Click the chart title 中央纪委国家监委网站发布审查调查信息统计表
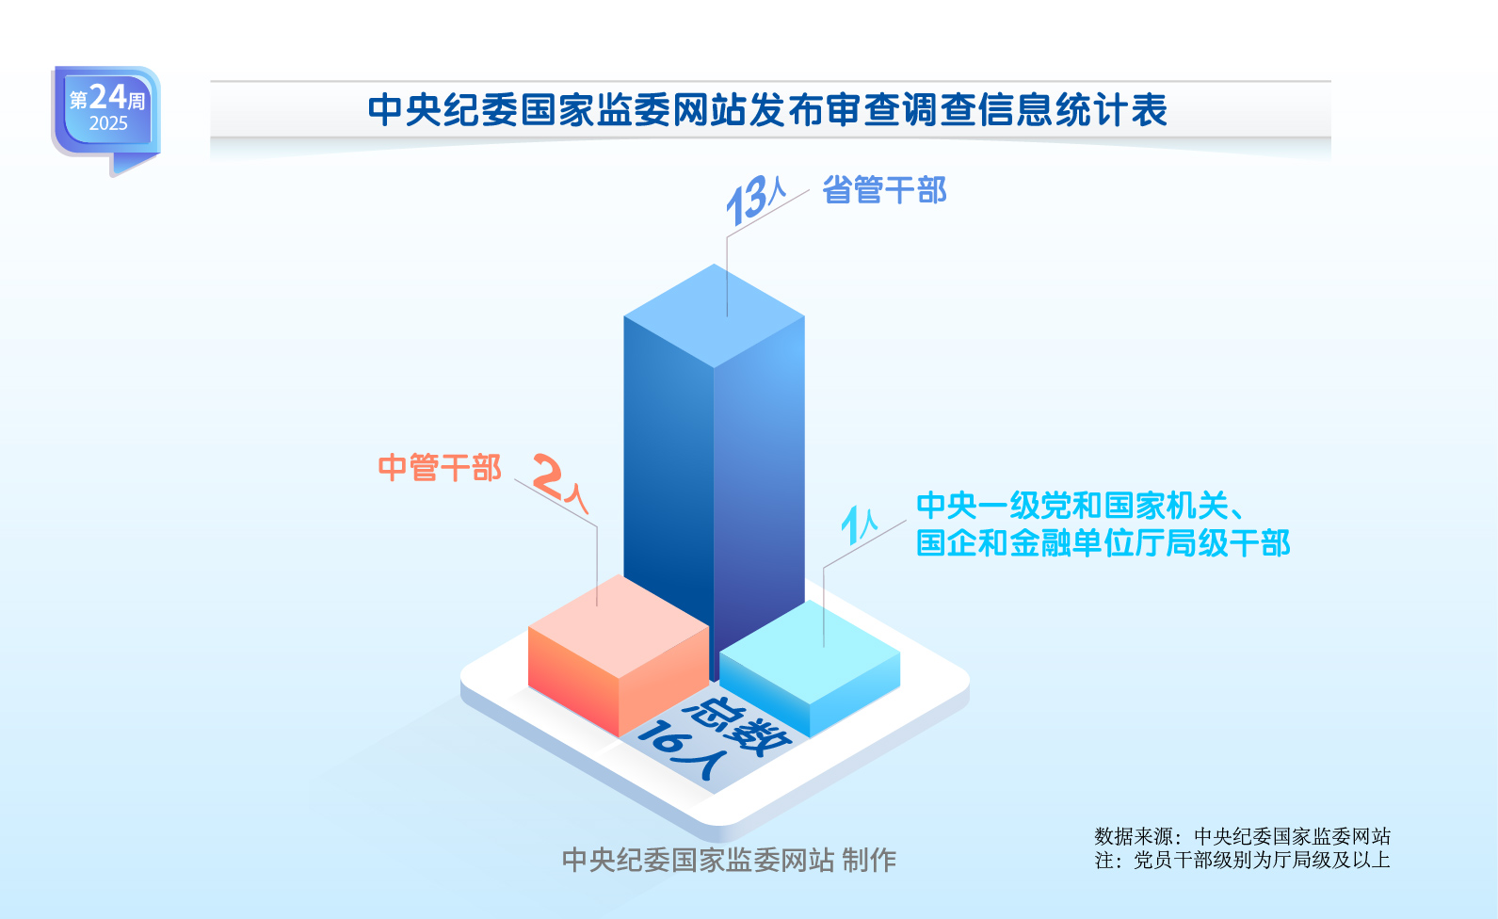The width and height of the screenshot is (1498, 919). (x=767, y=110)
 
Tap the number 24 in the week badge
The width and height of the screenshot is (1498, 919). (x=107, y=97)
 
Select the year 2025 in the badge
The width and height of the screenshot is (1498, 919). (x=108, y=123)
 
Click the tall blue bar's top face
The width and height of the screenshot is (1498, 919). (x=714, y=315)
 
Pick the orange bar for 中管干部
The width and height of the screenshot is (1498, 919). (x=618, y=655)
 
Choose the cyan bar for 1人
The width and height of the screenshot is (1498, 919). (x=810, y=669)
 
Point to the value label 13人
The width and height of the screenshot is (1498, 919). (x=756, y=200)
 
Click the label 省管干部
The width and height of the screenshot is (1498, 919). (x=884, y=190)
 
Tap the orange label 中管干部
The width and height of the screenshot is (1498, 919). (x=440, y=468)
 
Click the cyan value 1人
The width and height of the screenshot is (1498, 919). (x=859, y=525)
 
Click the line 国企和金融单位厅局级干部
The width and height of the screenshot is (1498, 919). (x=1103, y=543)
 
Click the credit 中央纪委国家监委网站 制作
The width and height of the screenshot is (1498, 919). (x=729, y=860)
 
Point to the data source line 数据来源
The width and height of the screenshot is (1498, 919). (x=1243, y=836)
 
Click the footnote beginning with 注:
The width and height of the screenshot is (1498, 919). (x=1243, y=860)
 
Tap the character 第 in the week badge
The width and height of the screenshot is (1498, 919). (x=79, y=101)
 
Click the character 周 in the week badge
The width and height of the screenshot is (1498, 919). (x=137, y=101)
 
